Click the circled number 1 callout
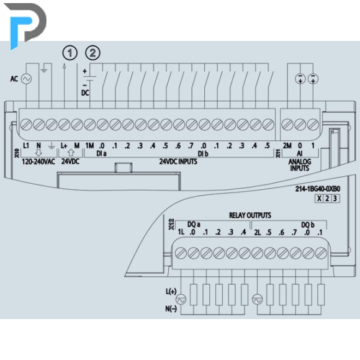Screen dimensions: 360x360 pos(70,53)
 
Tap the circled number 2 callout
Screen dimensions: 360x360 pos(92,53)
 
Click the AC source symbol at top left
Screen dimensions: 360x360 pos(26,79)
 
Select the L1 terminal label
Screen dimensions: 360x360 pos(26,146)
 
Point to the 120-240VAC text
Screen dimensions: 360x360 pos(38,161)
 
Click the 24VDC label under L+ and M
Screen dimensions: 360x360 pos(70,161)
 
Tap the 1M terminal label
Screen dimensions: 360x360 pos(89,146)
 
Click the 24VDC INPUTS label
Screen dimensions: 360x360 pos(178,161)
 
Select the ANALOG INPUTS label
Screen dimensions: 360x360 pos(300,165)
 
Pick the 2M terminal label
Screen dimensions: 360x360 pos(287,146)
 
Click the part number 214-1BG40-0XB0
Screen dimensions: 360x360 pos(318,189)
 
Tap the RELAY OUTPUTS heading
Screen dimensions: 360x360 pos(250,215)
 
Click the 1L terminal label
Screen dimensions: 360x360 pos(181,232)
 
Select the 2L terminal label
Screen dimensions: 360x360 pos(258,233)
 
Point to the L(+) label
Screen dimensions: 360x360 pos(171,292)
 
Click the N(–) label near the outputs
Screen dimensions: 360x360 pos(171,309)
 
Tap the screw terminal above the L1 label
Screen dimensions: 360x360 pos(26,125)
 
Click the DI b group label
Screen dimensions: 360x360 pos(203,153)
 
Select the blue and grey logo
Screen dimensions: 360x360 pos(25,25)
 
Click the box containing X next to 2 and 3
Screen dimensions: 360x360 pos(319,199)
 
